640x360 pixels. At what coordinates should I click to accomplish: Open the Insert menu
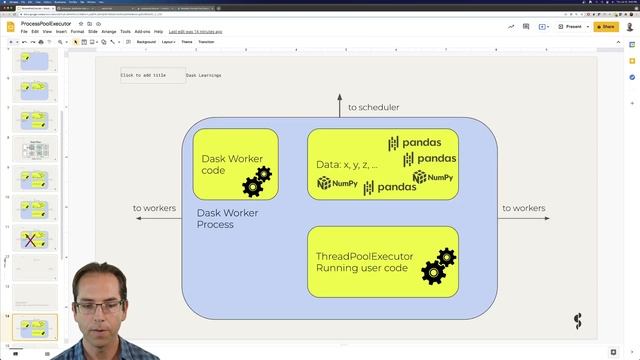[60, 31]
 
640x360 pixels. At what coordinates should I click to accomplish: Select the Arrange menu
[108, 31]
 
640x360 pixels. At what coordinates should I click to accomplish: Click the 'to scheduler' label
[373, 107]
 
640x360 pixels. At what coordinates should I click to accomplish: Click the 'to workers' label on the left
[155, 208]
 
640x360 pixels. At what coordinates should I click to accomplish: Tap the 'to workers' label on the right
[523, 208]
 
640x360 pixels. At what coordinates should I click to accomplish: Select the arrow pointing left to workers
[155, 217]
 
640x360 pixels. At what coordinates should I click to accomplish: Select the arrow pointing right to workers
[523, 217]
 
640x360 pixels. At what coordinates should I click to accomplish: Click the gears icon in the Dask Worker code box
[256, 182]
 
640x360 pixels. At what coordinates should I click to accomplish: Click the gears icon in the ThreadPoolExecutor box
[438, 266]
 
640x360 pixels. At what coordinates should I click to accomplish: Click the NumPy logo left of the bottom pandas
[338, 184]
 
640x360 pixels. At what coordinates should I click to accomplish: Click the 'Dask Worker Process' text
[229, 218]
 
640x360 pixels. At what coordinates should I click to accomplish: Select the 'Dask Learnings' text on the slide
[203, 75]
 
